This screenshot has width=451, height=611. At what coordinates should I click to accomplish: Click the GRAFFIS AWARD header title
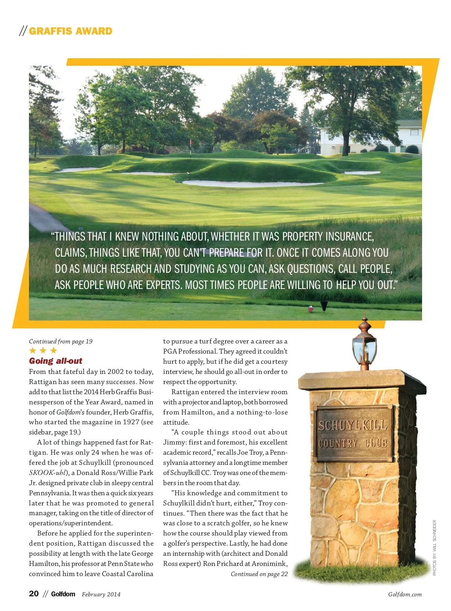point(70,31)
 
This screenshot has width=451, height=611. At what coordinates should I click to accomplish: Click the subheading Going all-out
point(56,361)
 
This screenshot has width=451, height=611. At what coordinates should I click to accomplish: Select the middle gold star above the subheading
point(43,351)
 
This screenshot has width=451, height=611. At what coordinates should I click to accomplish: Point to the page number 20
point(34,594)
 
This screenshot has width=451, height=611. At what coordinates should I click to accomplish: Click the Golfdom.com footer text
point(405,594)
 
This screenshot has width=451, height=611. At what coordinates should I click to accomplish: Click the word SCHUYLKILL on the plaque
point(353,425)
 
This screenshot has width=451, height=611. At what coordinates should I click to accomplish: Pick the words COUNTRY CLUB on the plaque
point(353,443)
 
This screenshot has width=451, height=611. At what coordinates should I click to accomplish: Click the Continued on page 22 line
point(259,574)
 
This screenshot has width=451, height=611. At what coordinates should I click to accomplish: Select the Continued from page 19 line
point(61,341)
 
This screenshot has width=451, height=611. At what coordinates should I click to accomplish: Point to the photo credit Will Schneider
point(434,547)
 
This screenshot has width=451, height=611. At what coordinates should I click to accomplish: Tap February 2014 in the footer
point(101,594)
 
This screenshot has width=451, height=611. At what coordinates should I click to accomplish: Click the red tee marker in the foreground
point(311,309)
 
